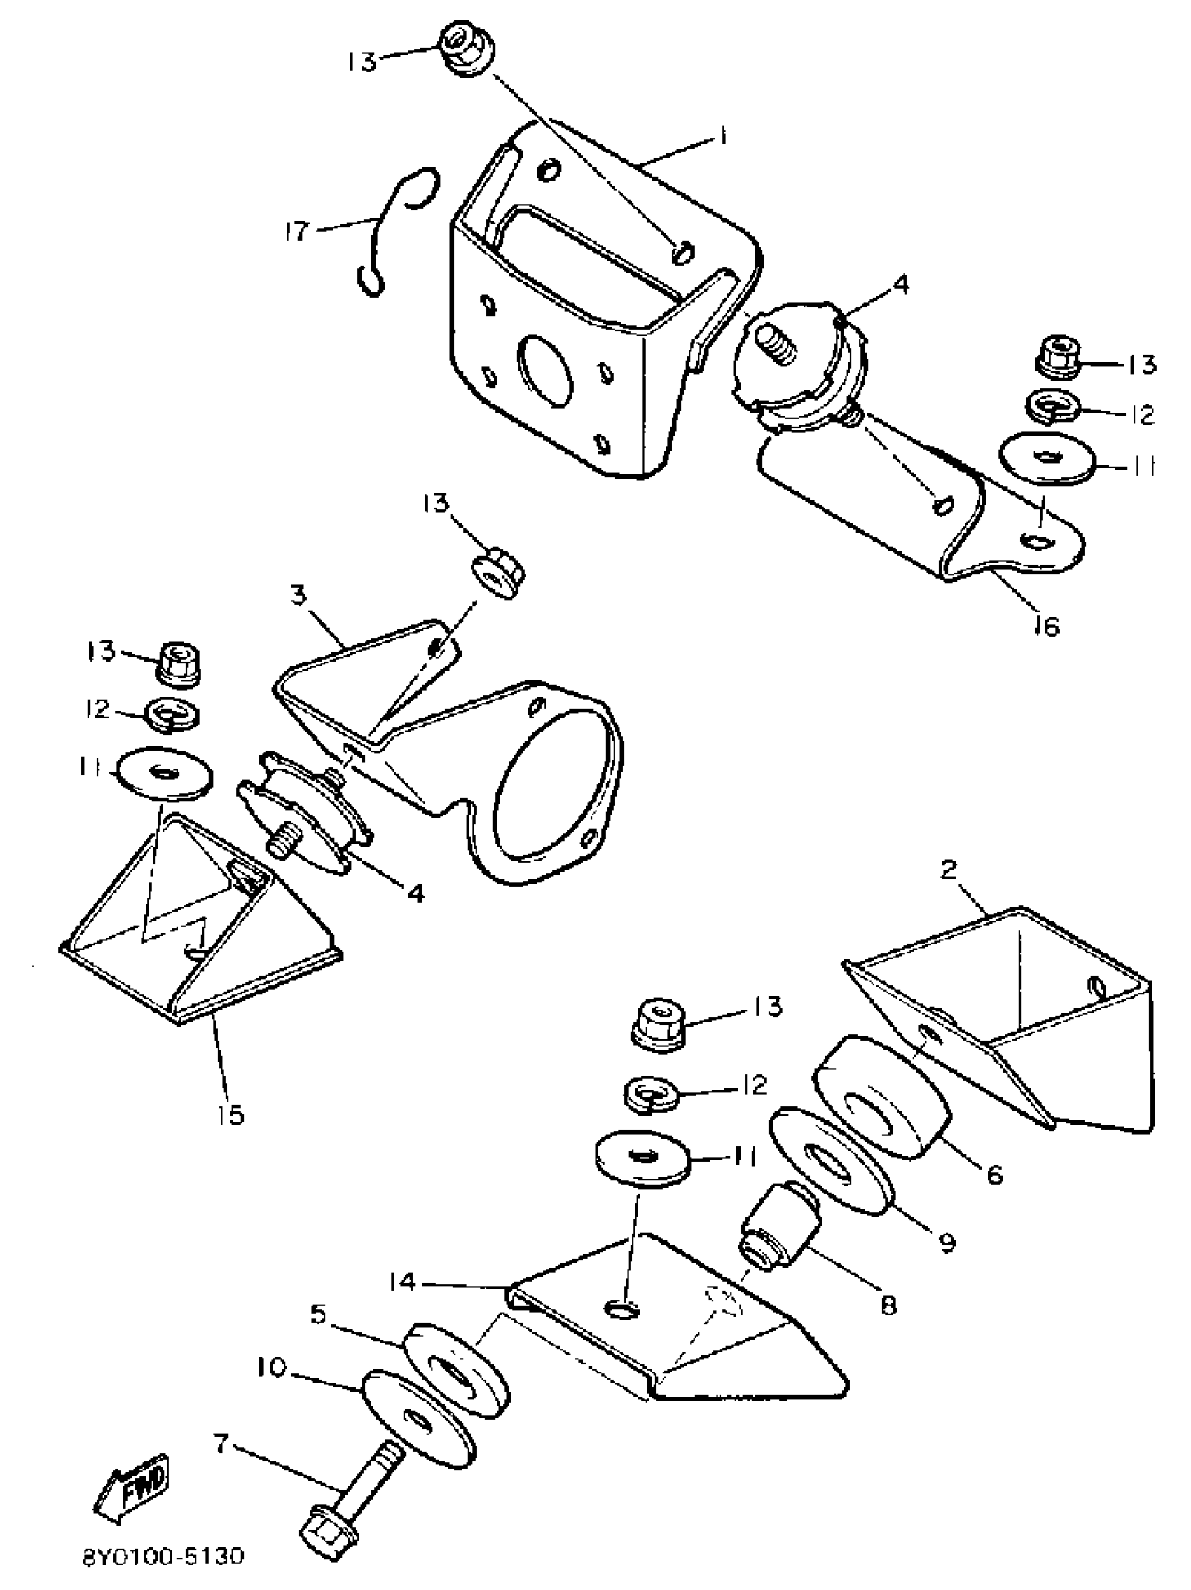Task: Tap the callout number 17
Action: click(296, 231)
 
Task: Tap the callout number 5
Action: click(318, 1314)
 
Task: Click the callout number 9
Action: click(947, 1240)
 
